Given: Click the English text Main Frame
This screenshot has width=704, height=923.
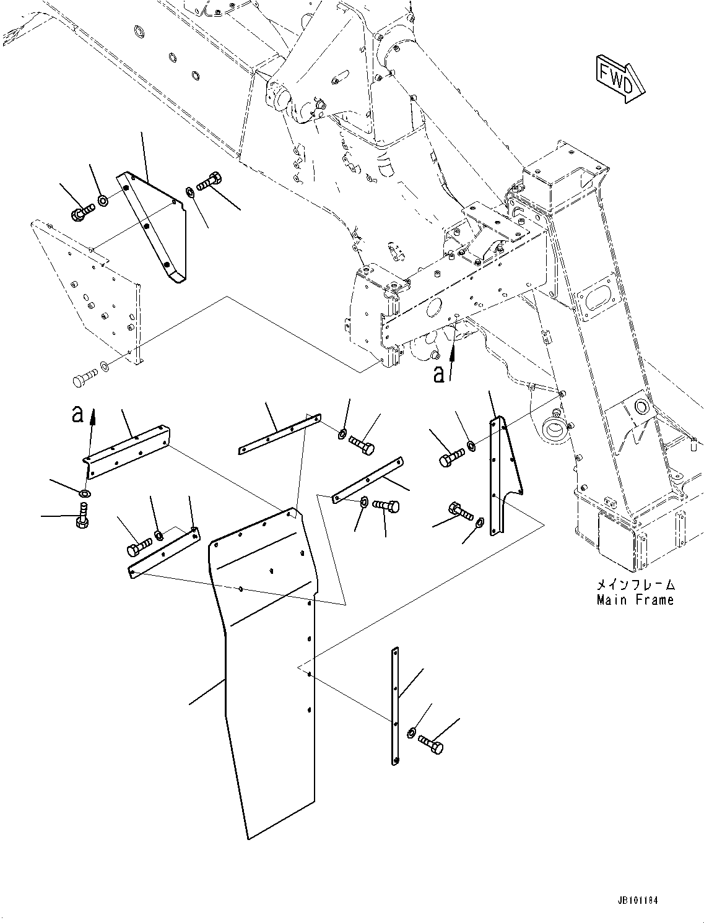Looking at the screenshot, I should pos(635,599).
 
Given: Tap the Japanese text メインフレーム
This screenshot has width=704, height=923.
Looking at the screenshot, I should pos(635,584).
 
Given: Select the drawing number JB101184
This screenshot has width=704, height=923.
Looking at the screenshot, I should pos(637,899).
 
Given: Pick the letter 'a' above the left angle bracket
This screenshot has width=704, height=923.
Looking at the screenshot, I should pos(77,414).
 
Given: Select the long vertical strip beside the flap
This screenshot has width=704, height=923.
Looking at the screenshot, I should pos(395,706).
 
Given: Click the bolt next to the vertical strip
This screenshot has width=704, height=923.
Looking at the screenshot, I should pos(431,744).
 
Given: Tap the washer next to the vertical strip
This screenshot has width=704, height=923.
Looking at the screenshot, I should pos(412,734).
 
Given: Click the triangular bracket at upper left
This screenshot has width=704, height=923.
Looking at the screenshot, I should pos(155,229).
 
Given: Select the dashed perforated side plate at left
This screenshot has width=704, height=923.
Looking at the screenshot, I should pos(87,291).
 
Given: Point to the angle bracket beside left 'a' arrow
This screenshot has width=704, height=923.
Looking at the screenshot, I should pos(127,451).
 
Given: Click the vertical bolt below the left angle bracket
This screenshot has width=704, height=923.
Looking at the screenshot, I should pos(82,515).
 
